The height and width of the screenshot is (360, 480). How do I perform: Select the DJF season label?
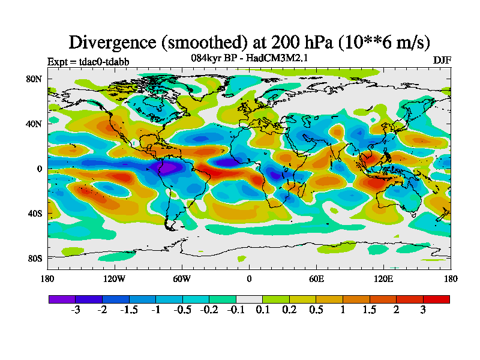click(x=442, y=60)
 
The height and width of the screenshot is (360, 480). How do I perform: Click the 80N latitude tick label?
click(x=34, y=79)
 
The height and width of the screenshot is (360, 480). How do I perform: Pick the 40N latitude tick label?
click(x=34, y=124)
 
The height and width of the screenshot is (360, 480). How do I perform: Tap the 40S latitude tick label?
click(x=34, y=213)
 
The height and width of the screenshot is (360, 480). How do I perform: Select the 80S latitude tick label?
click(x=34, y=258)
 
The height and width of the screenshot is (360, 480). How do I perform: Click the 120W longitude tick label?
click(x=115, y=278)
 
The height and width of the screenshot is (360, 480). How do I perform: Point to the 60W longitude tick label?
click(x=182, y=278)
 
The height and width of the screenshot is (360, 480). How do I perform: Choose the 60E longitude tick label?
click(x=316, y=278)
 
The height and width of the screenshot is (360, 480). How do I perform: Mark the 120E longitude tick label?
click(x=383, y=278)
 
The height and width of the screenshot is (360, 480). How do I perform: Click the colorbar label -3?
click(x=75, y=310)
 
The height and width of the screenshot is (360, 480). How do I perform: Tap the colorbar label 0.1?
click(x=262, y=310)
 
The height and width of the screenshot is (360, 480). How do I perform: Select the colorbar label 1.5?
click(x=370, y=310)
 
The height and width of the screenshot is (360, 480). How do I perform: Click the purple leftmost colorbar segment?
click(x=62, y=299)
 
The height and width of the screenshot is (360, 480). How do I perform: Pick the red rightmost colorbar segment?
click(x=436, y=299)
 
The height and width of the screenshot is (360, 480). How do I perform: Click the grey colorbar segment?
click(x=249, y=299)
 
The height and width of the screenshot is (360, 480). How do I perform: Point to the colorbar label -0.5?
click(x=182, y=310)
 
